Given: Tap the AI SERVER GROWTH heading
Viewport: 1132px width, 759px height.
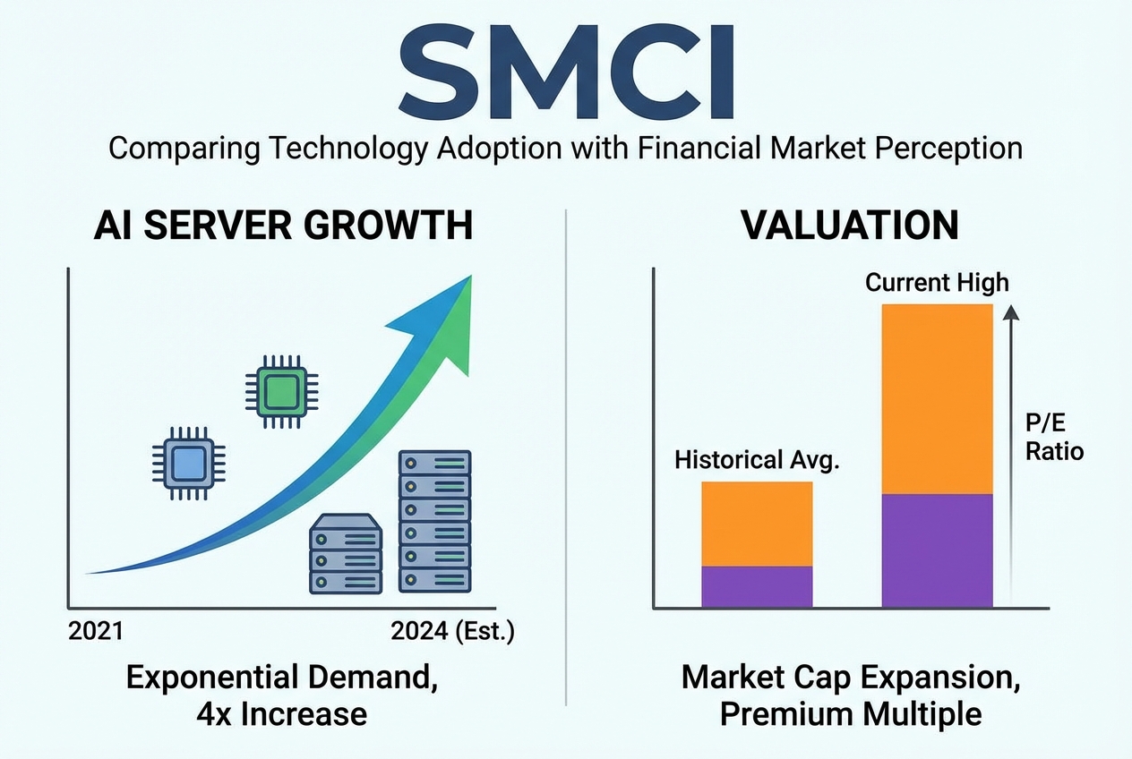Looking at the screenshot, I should pos(283,226).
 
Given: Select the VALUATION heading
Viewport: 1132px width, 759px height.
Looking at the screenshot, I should pos(850,226).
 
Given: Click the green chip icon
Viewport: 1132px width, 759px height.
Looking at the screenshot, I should pos(282,389).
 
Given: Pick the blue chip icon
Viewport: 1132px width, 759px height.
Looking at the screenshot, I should pos(188,463).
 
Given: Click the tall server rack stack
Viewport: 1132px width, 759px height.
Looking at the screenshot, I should pos(434,521).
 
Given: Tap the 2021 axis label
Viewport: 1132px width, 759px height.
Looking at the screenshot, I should pos(96,633).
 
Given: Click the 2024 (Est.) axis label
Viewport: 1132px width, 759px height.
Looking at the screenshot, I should pos(453,633).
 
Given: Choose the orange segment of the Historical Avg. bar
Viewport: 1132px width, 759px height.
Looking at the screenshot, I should pos(757,524).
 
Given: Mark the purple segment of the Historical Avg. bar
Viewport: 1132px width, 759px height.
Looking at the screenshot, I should pos(757,587).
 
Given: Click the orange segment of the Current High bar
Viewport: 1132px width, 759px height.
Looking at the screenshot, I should pos(937,398).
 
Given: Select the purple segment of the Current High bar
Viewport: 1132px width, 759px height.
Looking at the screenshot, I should pos(937,550).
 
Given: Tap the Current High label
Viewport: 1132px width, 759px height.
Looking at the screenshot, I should pos(937,284).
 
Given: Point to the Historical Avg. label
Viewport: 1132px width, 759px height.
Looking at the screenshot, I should pos(756,461).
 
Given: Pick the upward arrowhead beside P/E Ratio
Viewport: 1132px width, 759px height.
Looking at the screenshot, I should pos(1011,311).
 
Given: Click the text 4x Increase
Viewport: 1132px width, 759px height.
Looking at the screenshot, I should pos(283,714).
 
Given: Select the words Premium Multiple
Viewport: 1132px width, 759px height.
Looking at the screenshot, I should pos(850,714).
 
